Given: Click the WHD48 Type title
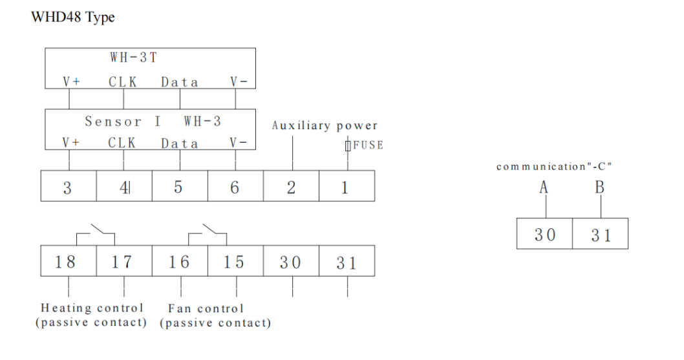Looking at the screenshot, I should coord(73,17).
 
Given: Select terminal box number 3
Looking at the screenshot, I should coord(69,187).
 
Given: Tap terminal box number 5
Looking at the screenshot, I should coord(179,187).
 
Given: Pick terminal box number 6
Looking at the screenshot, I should coord(235,187).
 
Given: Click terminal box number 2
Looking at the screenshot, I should coord(291,187).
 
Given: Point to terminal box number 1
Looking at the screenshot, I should coord(345,187).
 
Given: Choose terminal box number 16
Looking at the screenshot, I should coord(179,261).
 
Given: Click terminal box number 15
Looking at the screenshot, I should coord(234,261).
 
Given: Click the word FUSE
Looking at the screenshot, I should coord(368,145).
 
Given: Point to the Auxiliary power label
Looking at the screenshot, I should coord(325,125).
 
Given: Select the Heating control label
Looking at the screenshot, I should coord(92,308).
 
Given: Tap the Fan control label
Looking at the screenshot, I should coord(206,308).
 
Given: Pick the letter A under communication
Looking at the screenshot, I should coord(544,187).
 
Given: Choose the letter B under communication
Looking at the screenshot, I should coord(600,187).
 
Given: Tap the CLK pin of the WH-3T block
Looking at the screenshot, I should coord(122,82).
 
